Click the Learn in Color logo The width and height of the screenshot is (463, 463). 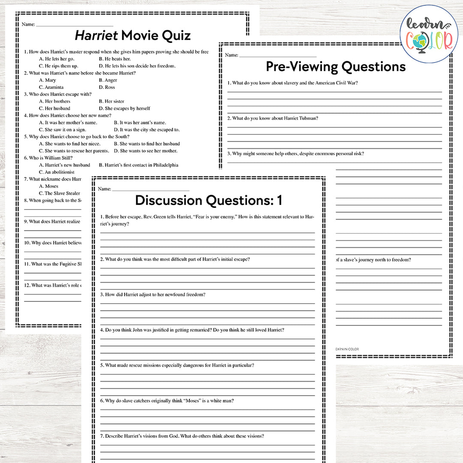[x=429, y=34]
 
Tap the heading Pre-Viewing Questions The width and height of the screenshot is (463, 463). [x=336, y=67]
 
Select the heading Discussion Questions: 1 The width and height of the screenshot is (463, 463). [x=208, y=200]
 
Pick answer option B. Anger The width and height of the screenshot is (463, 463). [x=108, y=80]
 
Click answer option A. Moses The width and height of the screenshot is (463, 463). [x=48, y=186]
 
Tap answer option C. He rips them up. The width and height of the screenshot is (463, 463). [x=59, y=66]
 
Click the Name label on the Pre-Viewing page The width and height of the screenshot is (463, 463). [x=231, y=55]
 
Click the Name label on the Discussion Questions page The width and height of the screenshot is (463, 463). [x=104, y=189]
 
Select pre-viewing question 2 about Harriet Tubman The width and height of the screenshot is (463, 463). [x=273, y=118]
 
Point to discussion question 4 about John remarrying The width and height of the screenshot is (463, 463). [x=192, y=330]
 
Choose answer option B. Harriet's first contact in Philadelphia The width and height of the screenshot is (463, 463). [x=138, y=165]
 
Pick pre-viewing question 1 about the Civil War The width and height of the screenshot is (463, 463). [x=292, y=83]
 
